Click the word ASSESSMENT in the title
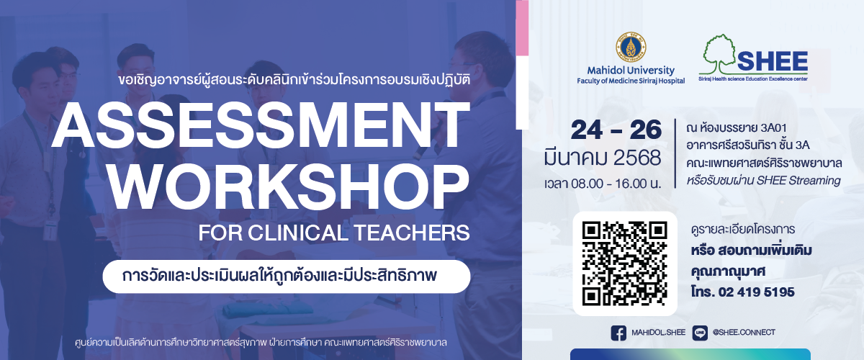pos(261,125)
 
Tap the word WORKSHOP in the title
pos(289,187)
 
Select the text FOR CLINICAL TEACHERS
pos(334,233)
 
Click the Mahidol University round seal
pos(631,47)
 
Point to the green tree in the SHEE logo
pos(717,54)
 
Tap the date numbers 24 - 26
pos(616,130)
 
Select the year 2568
pos(637,158)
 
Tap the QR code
pos(624,264)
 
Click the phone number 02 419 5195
pos(757,292)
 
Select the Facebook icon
pos(618,333)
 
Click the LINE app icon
pos(700,333)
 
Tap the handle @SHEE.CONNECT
pos(744,333)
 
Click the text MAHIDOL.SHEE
pos(658,333)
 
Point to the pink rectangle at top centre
pos(522,28)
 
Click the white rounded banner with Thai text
pos(287,276)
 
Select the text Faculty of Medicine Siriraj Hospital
pos(631,81)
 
